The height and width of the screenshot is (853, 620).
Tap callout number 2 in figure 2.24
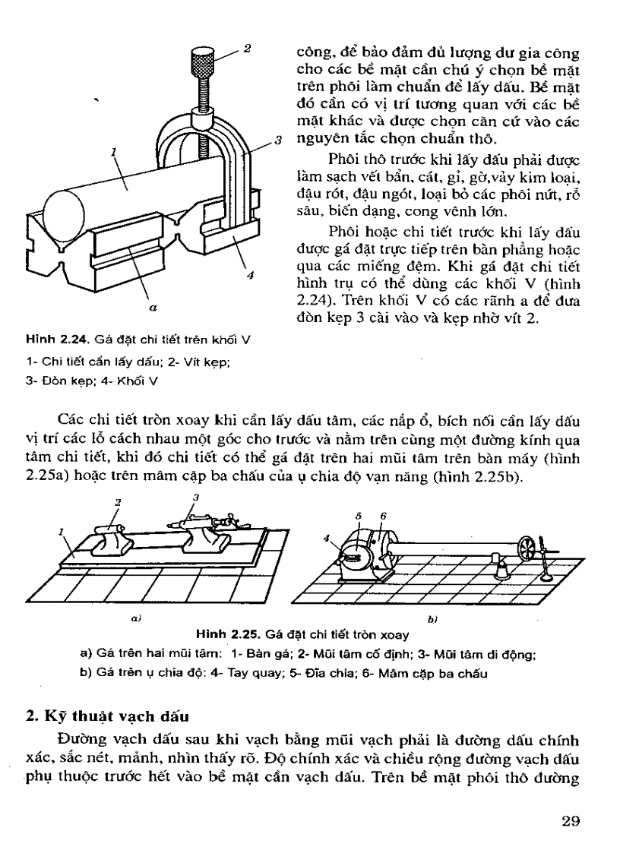pyautogui.click(x=247, y=49)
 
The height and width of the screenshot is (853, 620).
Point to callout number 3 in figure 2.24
pyautogui.click(x=279, y=141)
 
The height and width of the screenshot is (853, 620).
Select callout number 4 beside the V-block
pyautogui.click(x=250, y=276)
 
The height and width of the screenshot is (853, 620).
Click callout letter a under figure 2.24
pyautogui.click(x=153, y=308)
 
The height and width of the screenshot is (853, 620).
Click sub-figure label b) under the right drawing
pyautogui.click(x=431, y=620)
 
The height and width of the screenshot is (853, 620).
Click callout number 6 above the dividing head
pyautogui.click(x=384, y=515)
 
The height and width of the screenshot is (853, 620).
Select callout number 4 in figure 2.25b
pyautogui.click(x=325, y=539)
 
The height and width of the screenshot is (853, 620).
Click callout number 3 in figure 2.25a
pyautogui.click(x=195, y=497)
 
